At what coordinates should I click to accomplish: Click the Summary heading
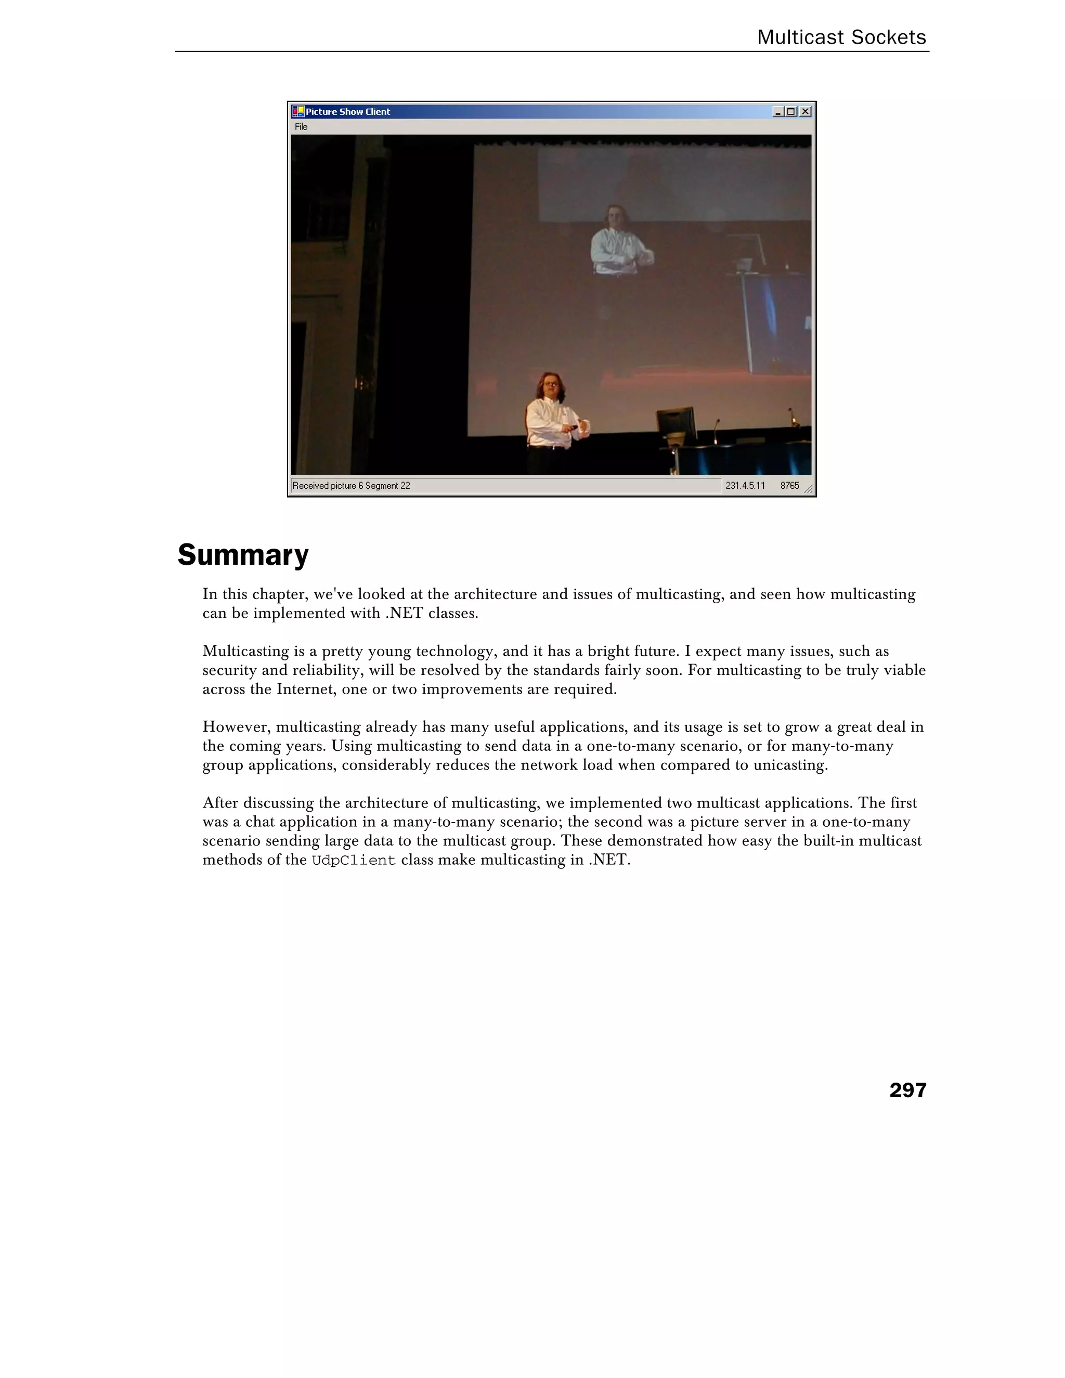(x=243, y=555)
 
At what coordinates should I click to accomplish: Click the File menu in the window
(x=301, y=127)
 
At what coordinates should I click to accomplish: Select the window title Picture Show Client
(x=348, y=112)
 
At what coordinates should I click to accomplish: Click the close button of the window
(x=805, y=112)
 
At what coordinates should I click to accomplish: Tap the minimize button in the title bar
(x=778, y=112)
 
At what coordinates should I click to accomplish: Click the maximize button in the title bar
(x=791, y=112)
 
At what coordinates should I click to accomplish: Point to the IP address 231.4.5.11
(x=745, y=486)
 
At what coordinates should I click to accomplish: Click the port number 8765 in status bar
(x=789, y=486)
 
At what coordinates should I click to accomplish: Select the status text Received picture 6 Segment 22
(x=351, y=486)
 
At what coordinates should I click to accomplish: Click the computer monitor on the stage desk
(x=677, y=426)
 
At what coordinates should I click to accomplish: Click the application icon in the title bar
(x=298, y=112)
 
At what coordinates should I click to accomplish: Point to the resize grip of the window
(x=808, y=489)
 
